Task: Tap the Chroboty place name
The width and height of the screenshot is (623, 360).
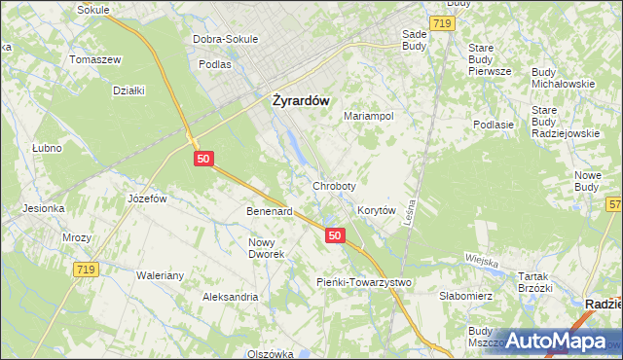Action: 334,185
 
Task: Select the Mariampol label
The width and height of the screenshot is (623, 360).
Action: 368,116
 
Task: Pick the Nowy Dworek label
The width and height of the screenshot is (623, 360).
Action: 266,248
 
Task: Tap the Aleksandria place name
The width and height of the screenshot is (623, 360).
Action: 230,297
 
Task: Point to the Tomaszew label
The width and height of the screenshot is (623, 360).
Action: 94,58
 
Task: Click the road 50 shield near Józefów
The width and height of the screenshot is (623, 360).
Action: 202,158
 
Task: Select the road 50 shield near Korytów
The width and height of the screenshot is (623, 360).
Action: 335,235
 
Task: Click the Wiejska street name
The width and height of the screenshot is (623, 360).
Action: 481,262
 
